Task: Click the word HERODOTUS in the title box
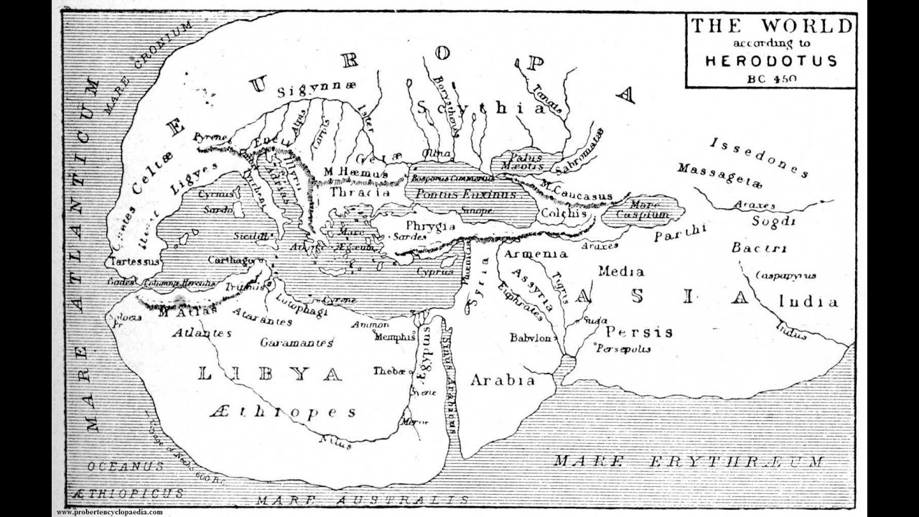[x=770, y=61]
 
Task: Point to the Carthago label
[x=232, y=260]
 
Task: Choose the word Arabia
[x=503, y=381]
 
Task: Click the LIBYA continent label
[x=269, y=374]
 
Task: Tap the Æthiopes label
[x=283, y=412]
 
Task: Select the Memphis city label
[x=394, y=336]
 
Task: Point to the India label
[x=808, y=302]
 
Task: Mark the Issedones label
[x=759, y=157]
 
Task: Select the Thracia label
[x=360, y=192]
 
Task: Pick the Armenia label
[x=536, y=254]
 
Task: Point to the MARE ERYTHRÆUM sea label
[x=689, y=462]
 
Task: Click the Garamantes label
[x=297, y=343]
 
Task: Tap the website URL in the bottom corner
[x=109, y=512]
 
